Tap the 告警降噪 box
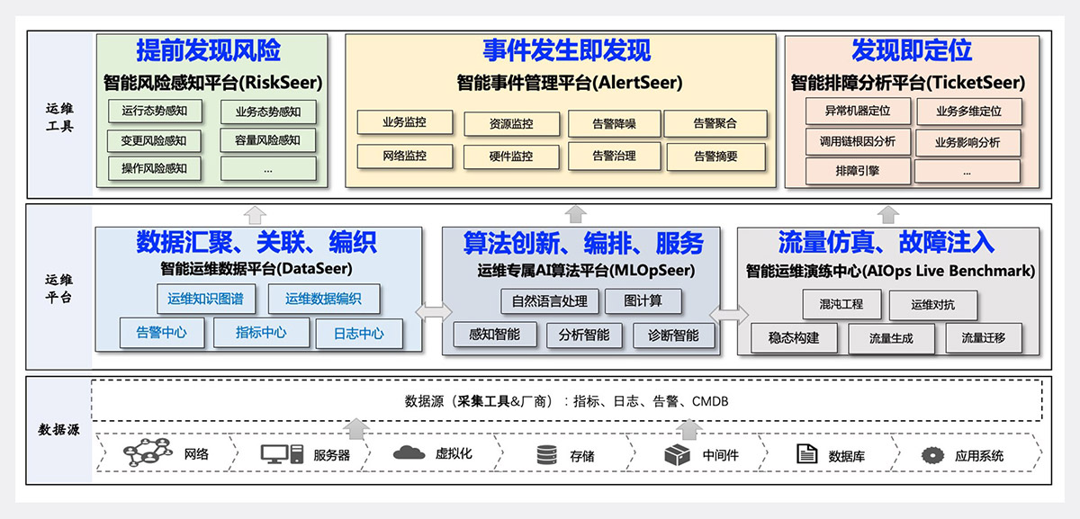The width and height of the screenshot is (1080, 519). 614,124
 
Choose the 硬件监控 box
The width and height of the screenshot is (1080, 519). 510,157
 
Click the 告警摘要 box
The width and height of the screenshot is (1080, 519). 715,157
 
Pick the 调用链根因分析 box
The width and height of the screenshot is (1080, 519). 858,142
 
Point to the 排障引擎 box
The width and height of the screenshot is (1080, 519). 858,170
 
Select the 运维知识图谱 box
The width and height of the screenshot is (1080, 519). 205,299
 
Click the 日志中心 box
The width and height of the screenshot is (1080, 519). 358,333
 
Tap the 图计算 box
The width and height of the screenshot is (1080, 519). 643,301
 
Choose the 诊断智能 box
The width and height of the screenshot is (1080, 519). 673,336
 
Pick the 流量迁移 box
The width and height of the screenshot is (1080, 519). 983,338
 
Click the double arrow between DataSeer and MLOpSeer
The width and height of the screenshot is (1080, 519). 433,312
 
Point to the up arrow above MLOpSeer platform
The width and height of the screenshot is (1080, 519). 576,214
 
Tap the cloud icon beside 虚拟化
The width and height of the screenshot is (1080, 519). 409,452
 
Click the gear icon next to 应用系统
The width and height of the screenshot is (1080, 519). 931,455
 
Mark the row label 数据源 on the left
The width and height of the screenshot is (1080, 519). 58,430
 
